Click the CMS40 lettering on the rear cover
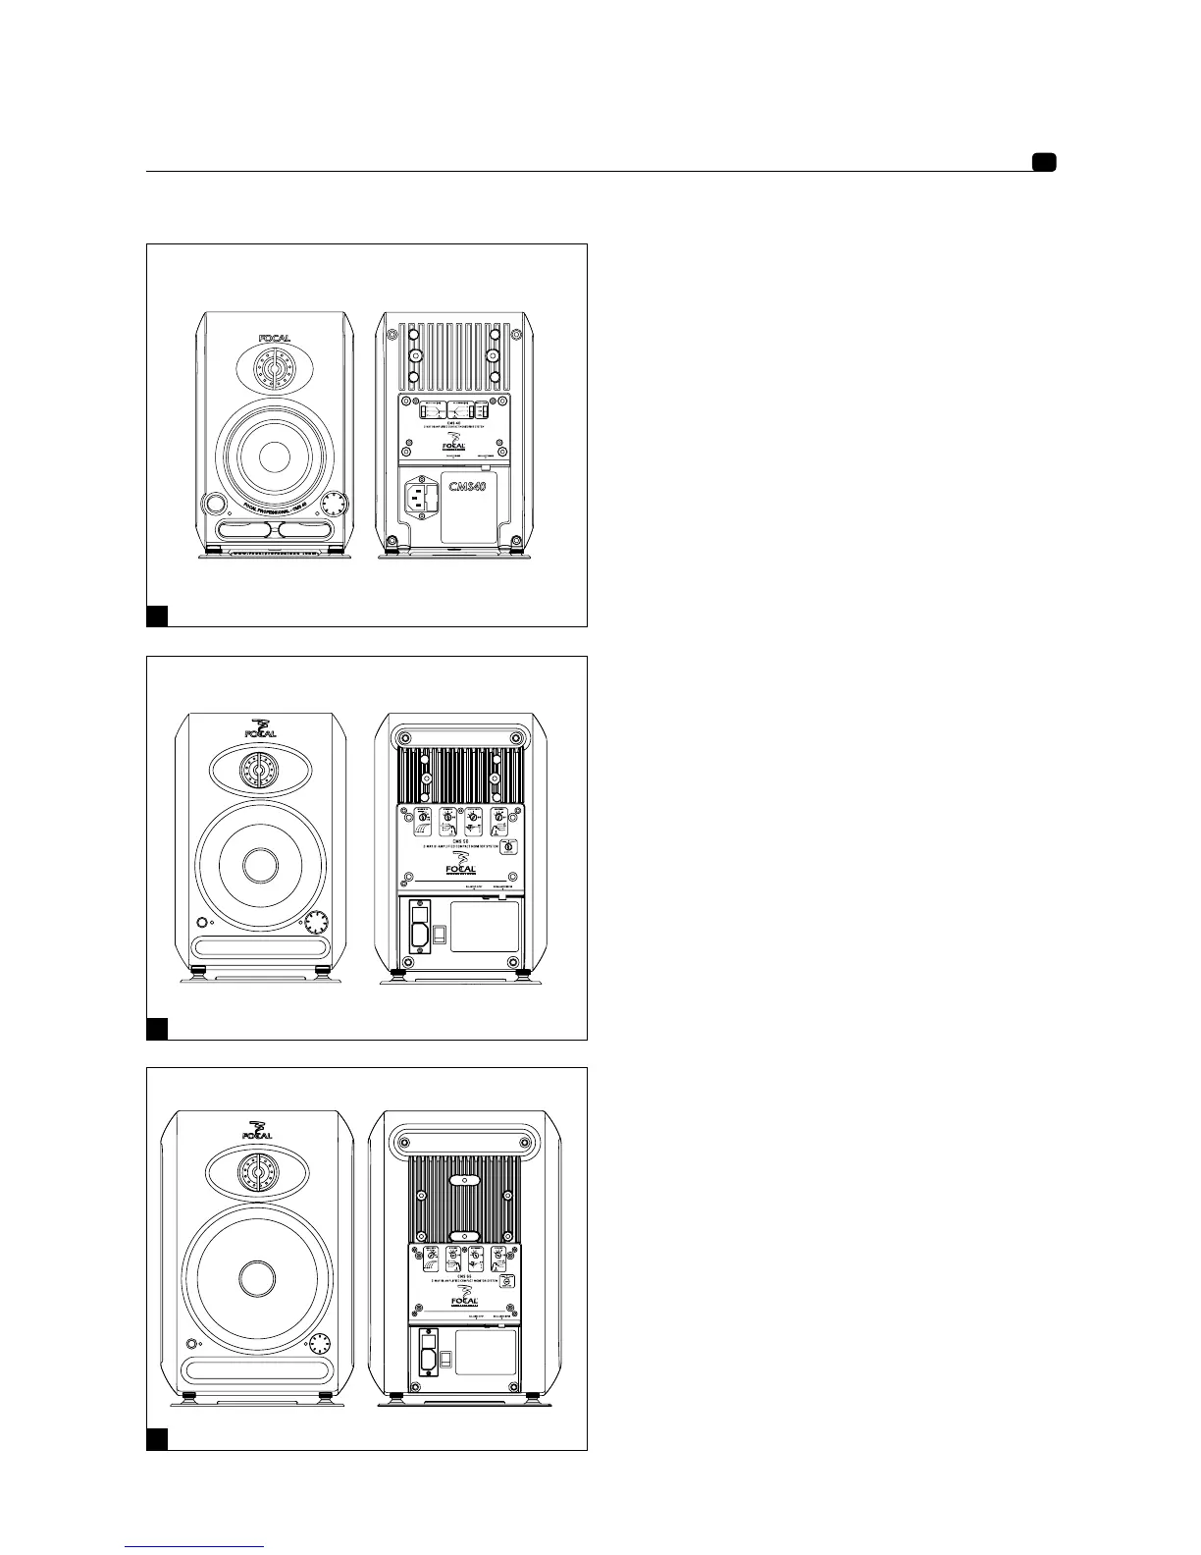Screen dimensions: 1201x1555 tap(468, 487)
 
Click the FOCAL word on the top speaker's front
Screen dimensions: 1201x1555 tap(274, 340)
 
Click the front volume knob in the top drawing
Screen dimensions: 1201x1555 tap(336, 505)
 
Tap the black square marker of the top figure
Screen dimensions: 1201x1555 tap(157, 616)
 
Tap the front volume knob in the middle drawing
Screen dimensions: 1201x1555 tap(316, 924)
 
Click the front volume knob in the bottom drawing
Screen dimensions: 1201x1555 tap(320, 1345)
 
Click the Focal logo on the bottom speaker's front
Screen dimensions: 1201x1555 tap(258, 1130)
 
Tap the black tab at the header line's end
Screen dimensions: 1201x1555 tap(1043, 163)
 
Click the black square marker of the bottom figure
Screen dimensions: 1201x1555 tap(157, 1439)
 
